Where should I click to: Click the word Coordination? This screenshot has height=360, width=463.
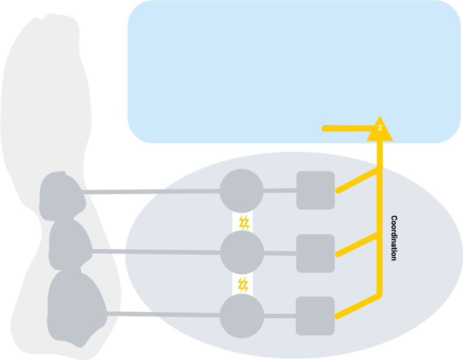pos(394,238)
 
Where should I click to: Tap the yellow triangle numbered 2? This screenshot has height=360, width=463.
pos(380,129)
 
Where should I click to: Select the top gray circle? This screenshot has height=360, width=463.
pos(242,190)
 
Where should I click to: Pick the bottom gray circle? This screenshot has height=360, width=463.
pos(242,316)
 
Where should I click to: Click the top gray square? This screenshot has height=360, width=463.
pos(315,190)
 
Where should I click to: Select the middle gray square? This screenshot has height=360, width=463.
pos(315,253)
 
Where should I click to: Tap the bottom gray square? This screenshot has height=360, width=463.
pos(315,316)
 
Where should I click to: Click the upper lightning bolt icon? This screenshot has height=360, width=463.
pos(244,222)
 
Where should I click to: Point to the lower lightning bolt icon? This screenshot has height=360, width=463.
pos(243,284)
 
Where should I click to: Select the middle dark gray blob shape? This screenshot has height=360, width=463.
pos(70,245)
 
